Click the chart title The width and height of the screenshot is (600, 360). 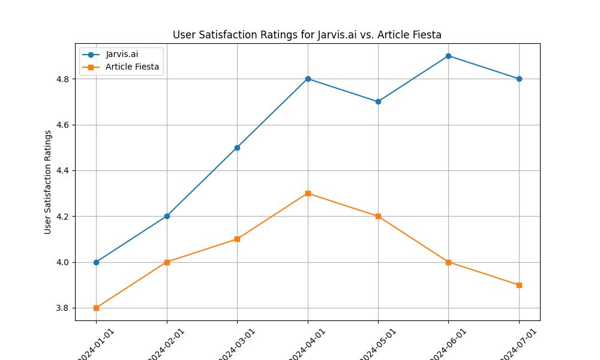pyautogui.click(x=307, y=35)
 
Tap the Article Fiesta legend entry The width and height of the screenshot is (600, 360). pyautogui.click(x=132, y=67)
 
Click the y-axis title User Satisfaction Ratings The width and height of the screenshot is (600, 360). pyautogui.click(x=48, y=182)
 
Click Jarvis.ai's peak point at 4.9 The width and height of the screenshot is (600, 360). pyautogui.click(x=449, y=56)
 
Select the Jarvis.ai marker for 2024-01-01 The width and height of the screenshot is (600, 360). pyautogui.click(x=96, y=262)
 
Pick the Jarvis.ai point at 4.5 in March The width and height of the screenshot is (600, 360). pyautogui.click(x=237, y=148)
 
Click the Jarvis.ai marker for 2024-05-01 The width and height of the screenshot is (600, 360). pyautogui.click(x=378, y=102)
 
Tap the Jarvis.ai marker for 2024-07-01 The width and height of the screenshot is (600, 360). pyautogui.click(x=519, y=79)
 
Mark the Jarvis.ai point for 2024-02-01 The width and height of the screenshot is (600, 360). pyautogui.click(x=167, y=216)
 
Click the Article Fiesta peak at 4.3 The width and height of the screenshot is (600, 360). pyautogui.click(x=308, y=193)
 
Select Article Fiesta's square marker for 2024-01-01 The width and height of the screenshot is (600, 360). pyautogui.click(x=96, y=308)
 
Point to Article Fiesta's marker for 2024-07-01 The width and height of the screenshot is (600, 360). pyautogui.click(x=519, y=285)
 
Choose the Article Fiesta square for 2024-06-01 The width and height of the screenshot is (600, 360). pyautogui.click(x=449, y=262)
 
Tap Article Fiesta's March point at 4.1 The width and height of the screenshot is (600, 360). pyautogui.click(x=237, y=239)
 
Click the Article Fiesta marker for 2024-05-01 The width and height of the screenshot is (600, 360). pyautogui.click(x=378, y=216)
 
